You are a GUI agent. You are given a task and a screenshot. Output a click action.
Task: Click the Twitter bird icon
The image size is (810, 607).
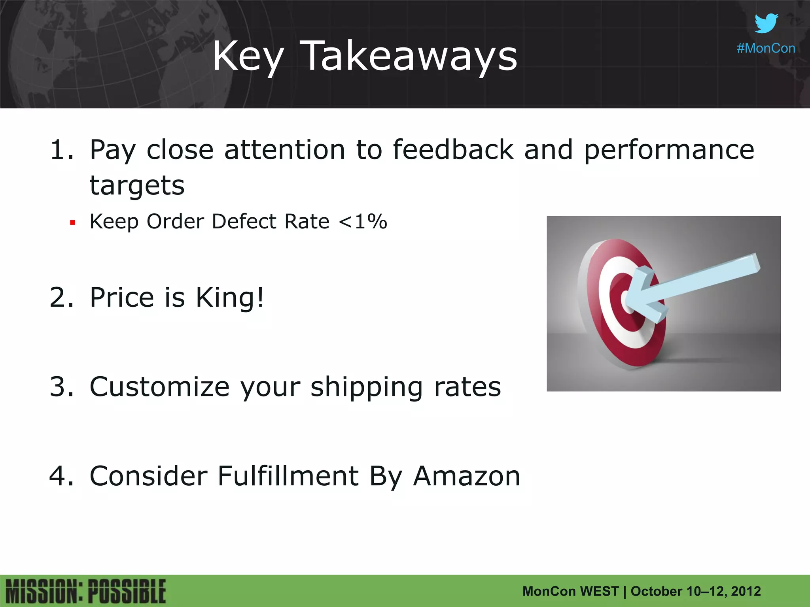[x=766, y=23]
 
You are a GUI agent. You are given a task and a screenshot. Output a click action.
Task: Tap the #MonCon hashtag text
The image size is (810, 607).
[x=766, y=48]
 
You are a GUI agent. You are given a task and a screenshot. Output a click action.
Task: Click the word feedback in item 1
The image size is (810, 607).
[x=453, y=150]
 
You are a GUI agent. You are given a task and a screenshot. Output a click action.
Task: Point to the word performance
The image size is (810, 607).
[x=669, y=150]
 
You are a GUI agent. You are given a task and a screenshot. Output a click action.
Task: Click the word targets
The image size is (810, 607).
[x=137, y=185]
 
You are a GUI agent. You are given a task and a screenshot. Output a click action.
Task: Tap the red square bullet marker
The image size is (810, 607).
[x=72, y=223]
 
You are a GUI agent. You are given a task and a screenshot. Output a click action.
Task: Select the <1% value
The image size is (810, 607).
[x=363, y=221]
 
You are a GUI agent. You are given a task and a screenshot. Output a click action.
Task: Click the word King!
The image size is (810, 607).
[x=230, y=297]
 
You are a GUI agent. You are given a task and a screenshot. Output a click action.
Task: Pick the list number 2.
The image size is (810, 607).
[x=61, y=297]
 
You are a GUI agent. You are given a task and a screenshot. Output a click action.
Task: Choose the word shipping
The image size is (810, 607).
[x=367, y=387]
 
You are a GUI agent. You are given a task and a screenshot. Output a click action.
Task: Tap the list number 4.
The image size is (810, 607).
[x=61, y=476]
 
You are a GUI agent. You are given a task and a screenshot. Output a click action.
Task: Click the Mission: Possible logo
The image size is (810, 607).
[x=86, y=592]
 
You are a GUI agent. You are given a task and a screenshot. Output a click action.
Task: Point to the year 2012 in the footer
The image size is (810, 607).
[x=746, y=591]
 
